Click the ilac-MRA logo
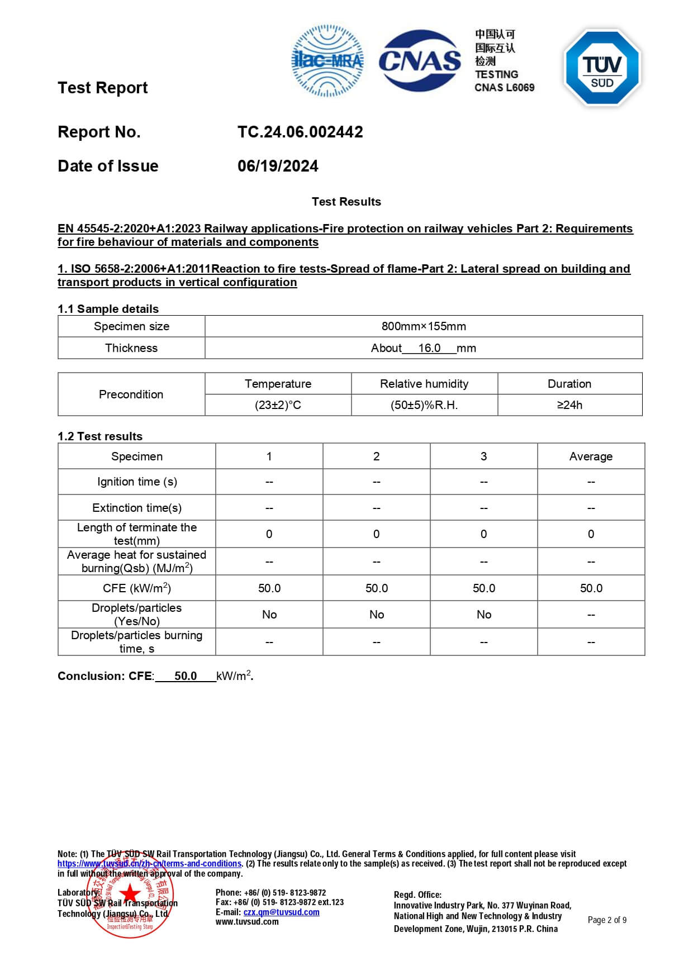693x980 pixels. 327,60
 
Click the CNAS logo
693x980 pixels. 420,60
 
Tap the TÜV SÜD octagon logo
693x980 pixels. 602,68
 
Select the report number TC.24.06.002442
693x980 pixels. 300,132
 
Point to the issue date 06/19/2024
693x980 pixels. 278,166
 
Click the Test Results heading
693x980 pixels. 346,202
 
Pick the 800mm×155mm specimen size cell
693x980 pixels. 424,326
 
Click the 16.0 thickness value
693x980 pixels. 429,348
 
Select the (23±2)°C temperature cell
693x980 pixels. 278,405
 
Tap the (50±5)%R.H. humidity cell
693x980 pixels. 424,405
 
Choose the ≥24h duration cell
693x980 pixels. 569,405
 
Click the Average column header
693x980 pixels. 591,456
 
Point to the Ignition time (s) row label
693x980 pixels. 137,482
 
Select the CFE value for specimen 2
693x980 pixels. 377,588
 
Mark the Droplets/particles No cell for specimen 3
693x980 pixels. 484,615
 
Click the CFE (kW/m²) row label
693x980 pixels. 137,588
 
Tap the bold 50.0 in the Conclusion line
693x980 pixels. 186,676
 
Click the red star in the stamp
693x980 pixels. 130,893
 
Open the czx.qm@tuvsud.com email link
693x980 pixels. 281,912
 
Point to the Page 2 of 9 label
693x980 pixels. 607,920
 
